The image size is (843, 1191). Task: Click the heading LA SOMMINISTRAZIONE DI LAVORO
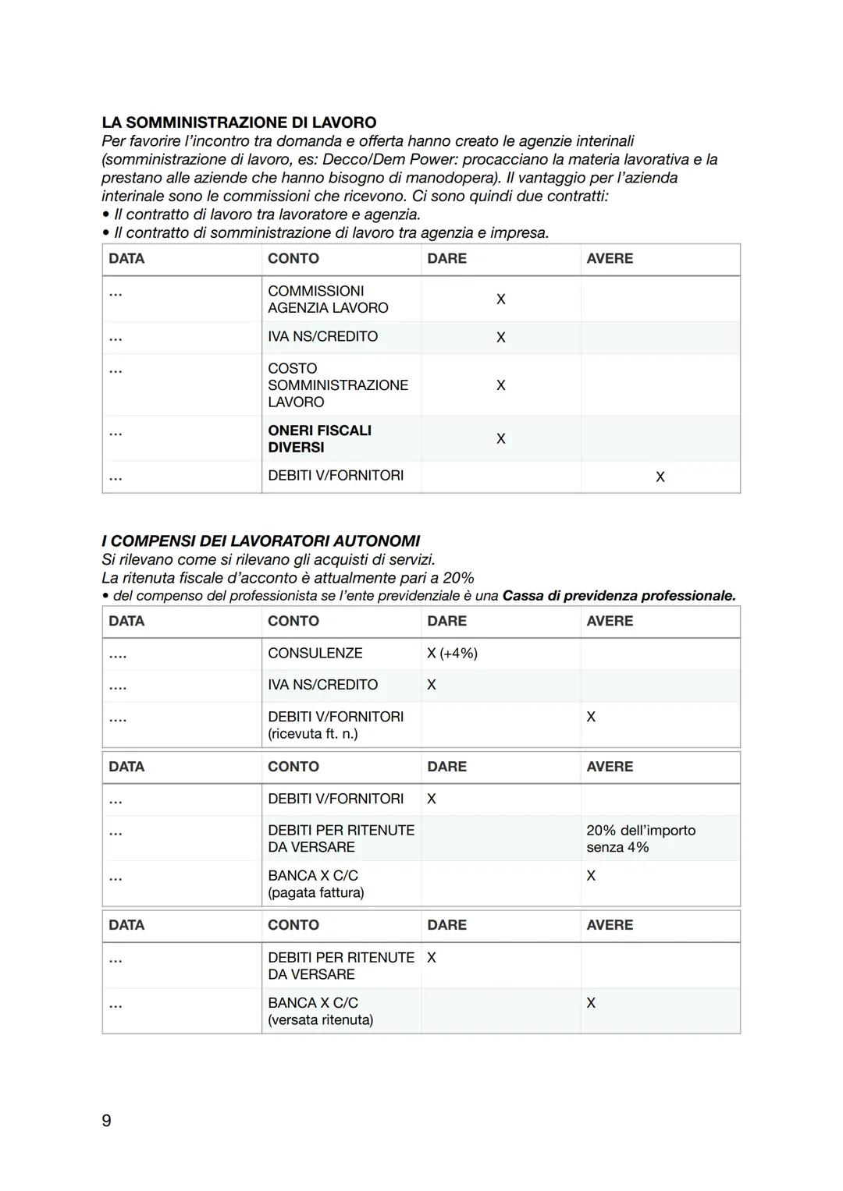tap(239, 122)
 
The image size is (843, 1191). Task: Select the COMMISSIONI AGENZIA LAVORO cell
tap(328, 300)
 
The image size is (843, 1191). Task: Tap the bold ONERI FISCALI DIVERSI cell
tap(319, 439)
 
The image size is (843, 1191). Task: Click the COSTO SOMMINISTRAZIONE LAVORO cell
tap(337, 385)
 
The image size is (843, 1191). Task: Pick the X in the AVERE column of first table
tap(660, 477)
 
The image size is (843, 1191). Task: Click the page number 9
tap(107, 1121)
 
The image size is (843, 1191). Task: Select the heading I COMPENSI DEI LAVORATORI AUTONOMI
tap(261, 541)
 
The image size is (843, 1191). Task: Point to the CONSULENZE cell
tap(315, 654)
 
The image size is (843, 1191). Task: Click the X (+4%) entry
tap(452, 654)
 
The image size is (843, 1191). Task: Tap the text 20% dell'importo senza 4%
tap(640, 838)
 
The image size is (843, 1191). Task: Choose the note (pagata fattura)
tap(315, 893)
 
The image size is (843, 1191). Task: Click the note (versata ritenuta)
tap(320, 1020)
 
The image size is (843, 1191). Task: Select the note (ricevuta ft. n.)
tap(312, 734)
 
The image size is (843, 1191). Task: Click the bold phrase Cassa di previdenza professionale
tap(618, 596)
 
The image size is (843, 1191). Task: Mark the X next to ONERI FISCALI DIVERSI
tap(500, 439)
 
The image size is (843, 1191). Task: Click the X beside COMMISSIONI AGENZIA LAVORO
tap(500, 300)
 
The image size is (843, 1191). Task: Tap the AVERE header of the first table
tap(610, 259)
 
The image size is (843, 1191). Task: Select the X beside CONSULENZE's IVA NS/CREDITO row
tap(432, 685)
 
